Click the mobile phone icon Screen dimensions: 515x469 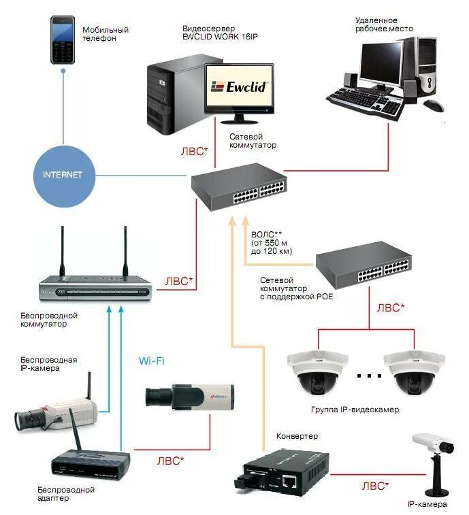[63, 40]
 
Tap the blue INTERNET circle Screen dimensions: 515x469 [63, 175]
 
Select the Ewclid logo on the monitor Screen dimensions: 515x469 [240, 86]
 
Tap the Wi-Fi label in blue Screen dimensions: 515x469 [150, 361]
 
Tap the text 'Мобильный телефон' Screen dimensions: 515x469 [106, 35]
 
